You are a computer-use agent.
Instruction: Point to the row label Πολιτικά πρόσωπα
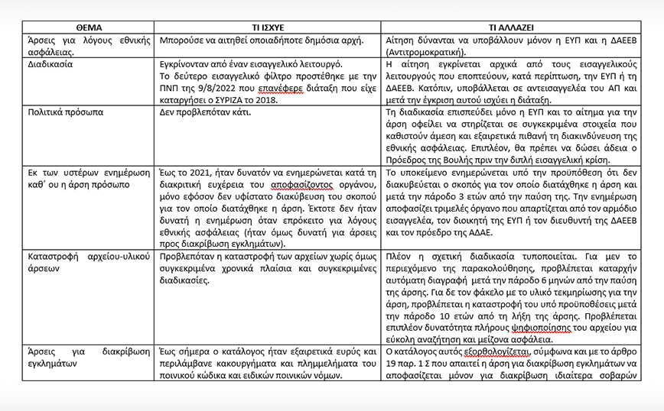point(64,112)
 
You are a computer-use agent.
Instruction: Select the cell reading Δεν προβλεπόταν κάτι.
point(207,112)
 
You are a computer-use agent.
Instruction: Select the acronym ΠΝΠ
point(170,89)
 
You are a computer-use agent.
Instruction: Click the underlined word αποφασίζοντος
point(287,185)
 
